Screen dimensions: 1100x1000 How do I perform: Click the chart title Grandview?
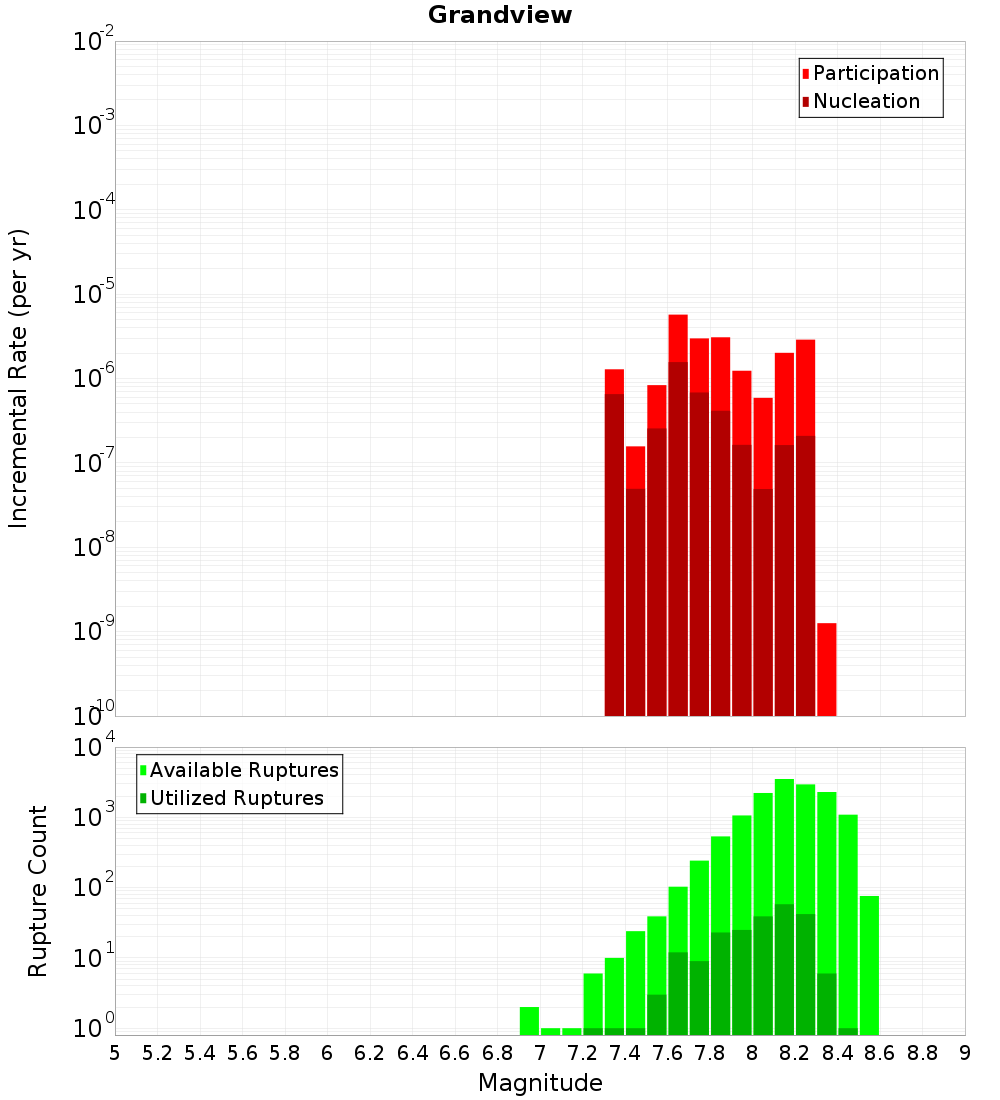tap(500, 15)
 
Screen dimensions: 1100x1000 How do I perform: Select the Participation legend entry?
tap(875, 73)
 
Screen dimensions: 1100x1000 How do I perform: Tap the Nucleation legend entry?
tap(866, 101)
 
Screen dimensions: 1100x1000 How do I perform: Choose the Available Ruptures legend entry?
tap(244, 770)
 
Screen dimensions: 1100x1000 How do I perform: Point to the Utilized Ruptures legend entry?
tap(236, 798)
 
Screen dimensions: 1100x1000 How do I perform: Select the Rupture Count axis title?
tap(38, 890)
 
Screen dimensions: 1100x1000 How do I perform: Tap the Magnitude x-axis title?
tap(540, 1083)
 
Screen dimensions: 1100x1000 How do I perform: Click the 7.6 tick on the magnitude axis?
tap(667, 1053)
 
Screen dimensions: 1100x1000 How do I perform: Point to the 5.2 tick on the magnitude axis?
tap(157, 1053)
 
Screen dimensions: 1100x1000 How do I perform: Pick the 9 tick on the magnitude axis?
tap(965, 1053)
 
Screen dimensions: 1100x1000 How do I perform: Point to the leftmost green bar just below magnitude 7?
tap(529, 1020)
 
